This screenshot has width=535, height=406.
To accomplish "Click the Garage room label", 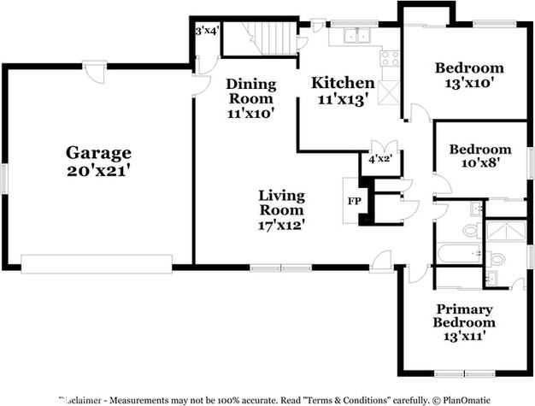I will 98,153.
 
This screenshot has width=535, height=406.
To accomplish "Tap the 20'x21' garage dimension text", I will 98,170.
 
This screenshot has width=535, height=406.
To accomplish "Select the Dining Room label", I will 250,91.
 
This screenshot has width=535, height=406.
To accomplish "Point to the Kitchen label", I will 342,83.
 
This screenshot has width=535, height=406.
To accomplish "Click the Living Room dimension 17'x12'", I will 281,225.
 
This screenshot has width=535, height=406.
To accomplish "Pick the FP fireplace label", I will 354,202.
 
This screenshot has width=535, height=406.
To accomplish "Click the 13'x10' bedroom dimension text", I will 468,84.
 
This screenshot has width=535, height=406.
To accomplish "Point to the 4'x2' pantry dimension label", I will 379,159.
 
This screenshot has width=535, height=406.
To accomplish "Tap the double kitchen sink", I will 355,36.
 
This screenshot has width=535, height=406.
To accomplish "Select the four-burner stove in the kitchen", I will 390,59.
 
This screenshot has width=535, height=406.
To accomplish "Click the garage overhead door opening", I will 96,264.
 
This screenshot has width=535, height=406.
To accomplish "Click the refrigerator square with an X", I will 389,89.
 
